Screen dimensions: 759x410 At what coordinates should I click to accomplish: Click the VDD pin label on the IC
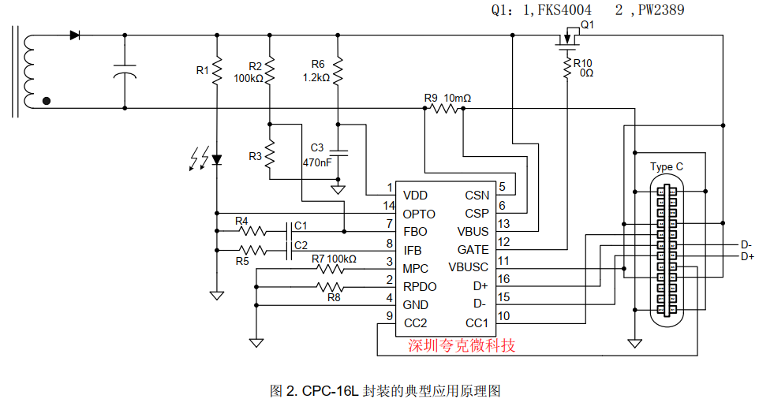click(x=415, y=196)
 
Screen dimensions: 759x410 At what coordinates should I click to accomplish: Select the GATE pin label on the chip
click(x=473, y=250)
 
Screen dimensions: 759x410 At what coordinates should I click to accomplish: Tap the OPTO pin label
click(x=419, y=214)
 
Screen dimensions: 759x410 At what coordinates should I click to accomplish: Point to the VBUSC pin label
click(x=468, y=267)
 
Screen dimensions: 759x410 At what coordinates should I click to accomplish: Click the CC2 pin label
click(x=415, y=323)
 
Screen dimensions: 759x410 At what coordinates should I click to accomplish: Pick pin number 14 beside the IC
click(x=389, y=206)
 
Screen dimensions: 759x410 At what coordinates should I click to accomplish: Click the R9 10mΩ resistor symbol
click(x=444, y=108)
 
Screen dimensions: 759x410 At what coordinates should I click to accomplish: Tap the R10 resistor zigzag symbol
click(x=567, y=68)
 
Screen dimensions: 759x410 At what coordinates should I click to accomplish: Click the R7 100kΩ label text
click(x=334, y=259)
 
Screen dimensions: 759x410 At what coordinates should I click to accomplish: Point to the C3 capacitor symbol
click(x=338, y=153)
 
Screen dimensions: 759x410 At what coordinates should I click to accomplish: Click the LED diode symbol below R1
click(x=217, y=159)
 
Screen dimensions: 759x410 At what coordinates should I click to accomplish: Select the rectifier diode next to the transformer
click(x=74, y=35)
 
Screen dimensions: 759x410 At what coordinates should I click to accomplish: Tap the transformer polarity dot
click(x=47, y=101)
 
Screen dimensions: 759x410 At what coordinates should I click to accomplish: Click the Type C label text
click(x=667, y=167)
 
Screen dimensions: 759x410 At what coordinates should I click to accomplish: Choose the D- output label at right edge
click(x=746, y=244)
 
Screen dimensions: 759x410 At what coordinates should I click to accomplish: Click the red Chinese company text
click(x=462, y=345)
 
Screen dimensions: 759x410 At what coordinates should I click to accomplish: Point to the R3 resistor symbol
click(x=270, y=155)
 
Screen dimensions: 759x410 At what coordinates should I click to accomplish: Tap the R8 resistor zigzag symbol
click(x=330, y=287)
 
